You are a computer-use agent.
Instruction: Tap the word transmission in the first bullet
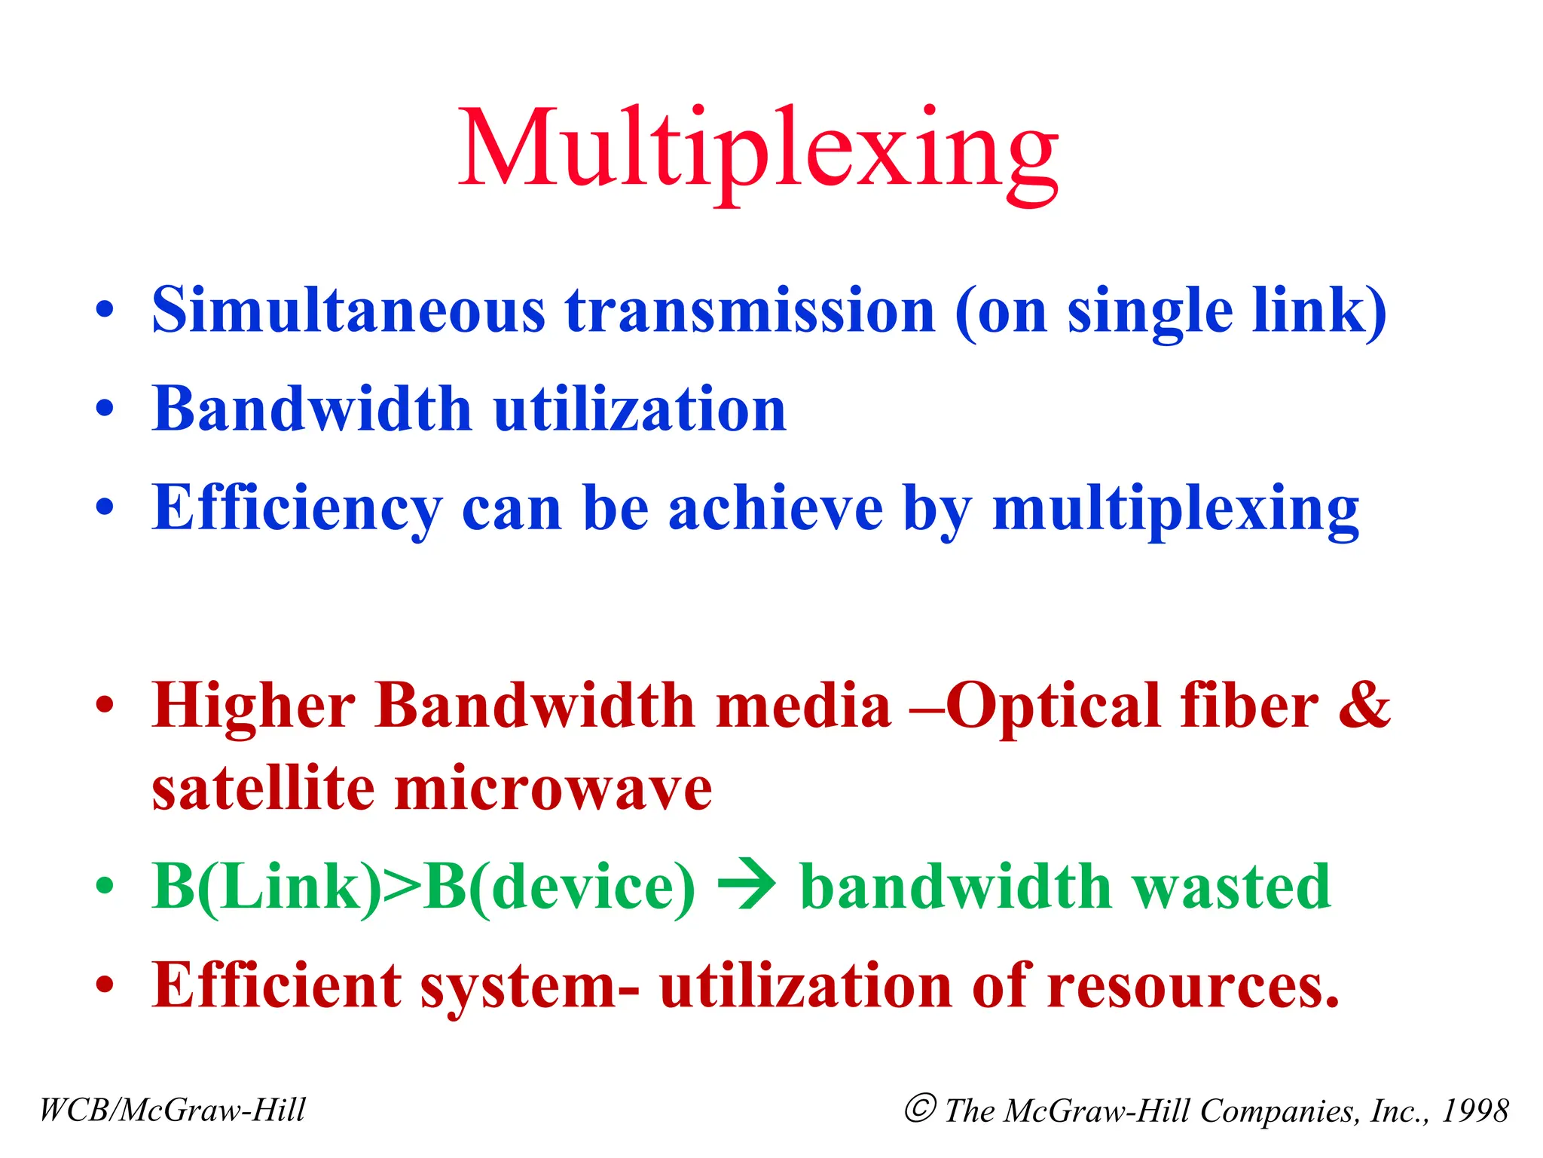pyautogui.click(x=750, y=311)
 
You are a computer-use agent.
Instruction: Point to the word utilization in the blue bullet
pyautogui.click(x=640, y=409)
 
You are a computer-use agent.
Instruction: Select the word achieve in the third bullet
pyautogui.click(x=775, y=508)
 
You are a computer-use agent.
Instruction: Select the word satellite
pyautogui.click(x=263, y=789)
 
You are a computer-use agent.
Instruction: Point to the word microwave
pyautogui.click(x=554, y=790)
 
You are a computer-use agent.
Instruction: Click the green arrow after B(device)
pyautogui.click(x=747, y=887)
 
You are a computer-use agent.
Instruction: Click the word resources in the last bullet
pyautogui.click(x=1193, y=985)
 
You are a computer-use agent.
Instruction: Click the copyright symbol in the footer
pyautogui.click(x=920, y=1108)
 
